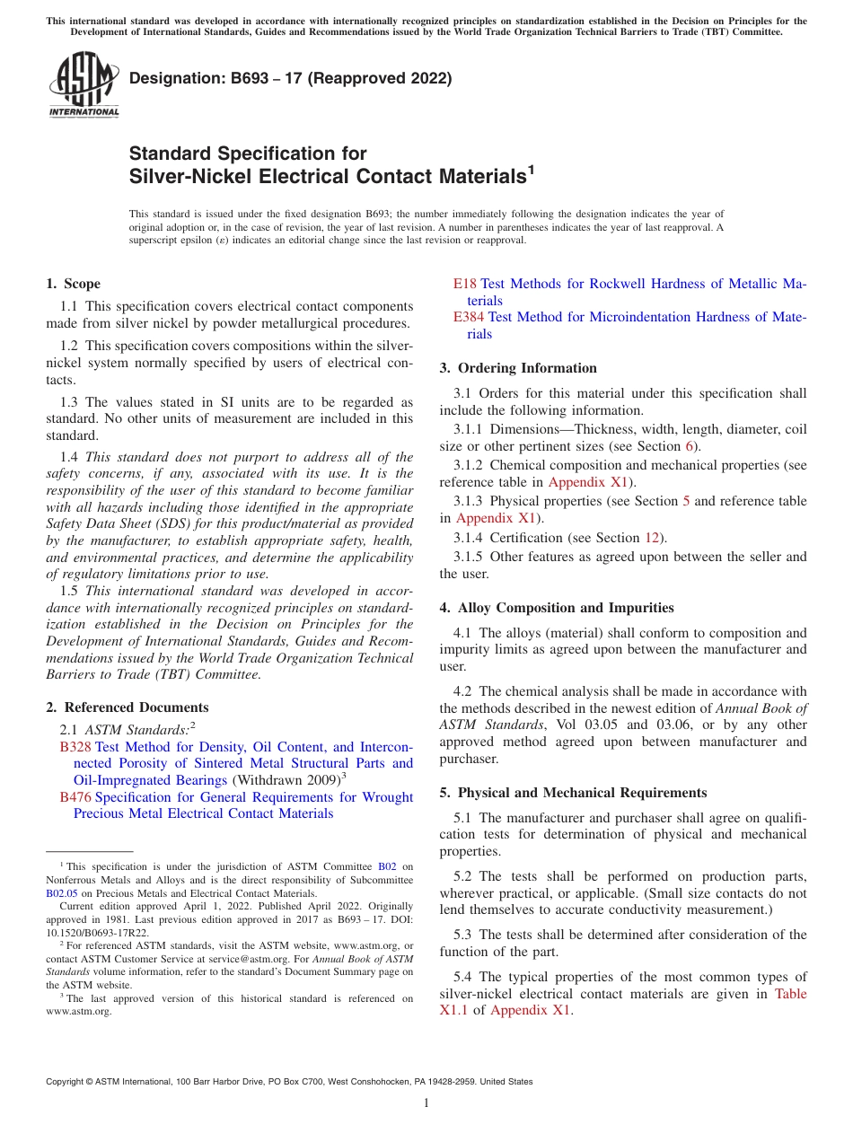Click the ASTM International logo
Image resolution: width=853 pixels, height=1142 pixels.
83,85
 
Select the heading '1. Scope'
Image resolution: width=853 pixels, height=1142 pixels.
73,284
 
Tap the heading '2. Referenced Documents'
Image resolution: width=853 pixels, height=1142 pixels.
127,707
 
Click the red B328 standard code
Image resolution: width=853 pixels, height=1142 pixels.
75,747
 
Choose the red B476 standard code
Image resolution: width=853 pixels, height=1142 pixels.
75,797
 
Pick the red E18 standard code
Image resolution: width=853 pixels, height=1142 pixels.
464,284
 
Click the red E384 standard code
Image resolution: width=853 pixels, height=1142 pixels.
469,317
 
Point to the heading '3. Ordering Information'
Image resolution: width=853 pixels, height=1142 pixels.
518,368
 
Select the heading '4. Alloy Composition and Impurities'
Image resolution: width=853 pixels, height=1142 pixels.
557,608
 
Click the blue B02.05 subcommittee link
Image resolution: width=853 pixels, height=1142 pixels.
62,893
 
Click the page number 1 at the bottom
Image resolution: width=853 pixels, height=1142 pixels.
426,1102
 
